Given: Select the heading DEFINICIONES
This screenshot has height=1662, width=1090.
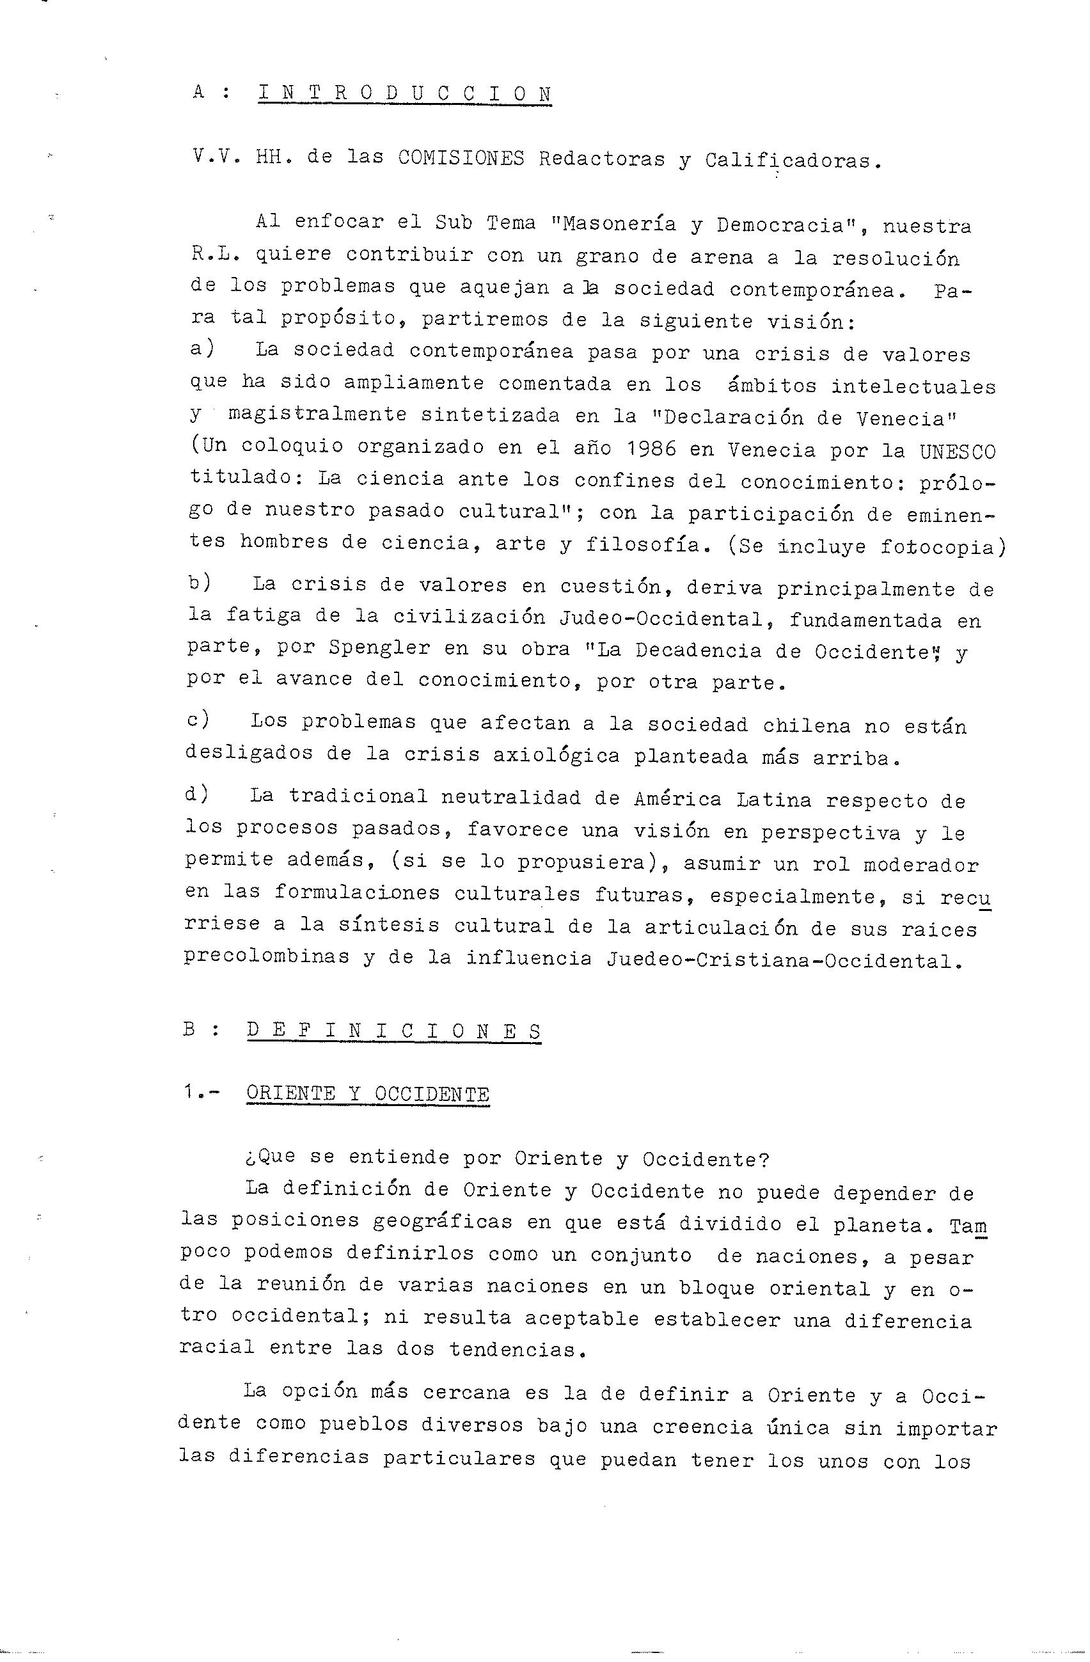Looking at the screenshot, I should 395,1031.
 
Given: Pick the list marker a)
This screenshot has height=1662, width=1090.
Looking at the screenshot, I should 201,349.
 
